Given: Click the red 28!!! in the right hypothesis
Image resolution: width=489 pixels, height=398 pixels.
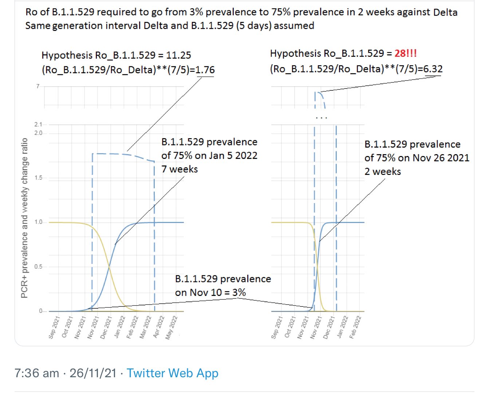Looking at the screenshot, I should [405, 54].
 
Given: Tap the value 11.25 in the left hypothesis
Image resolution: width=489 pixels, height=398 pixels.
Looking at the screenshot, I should [178, 55].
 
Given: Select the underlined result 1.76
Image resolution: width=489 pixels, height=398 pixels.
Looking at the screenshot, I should [205, 70].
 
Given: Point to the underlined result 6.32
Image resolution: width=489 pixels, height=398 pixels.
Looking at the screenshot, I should [433, 69].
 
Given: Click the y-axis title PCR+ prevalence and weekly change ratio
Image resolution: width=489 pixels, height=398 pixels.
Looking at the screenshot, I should [24, 218].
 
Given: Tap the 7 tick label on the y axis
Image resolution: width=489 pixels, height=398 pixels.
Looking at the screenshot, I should [38, 86].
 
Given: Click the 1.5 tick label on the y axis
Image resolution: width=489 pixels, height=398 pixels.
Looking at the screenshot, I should [38, 178].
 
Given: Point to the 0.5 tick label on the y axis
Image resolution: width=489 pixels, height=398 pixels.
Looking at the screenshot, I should [38, 267].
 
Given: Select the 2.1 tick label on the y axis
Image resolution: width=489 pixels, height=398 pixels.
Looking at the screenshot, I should [38, 125].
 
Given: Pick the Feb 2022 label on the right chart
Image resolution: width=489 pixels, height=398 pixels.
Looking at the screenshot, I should [355, 327].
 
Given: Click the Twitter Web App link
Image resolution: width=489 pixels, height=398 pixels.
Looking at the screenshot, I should [173, 373].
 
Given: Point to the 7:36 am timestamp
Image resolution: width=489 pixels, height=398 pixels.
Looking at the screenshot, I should [36, 373].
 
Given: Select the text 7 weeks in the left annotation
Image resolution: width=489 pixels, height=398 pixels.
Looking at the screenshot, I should [180, 169].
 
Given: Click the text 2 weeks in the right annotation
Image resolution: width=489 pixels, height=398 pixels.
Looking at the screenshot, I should [382, 172].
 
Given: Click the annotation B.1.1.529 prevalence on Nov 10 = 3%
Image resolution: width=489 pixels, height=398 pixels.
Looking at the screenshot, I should [223, 286].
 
